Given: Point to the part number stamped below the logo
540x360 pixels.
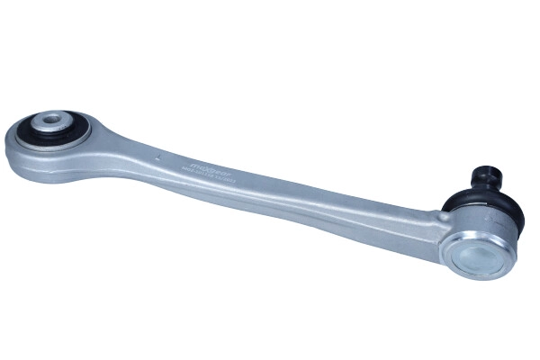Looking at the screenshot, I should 211,177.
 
